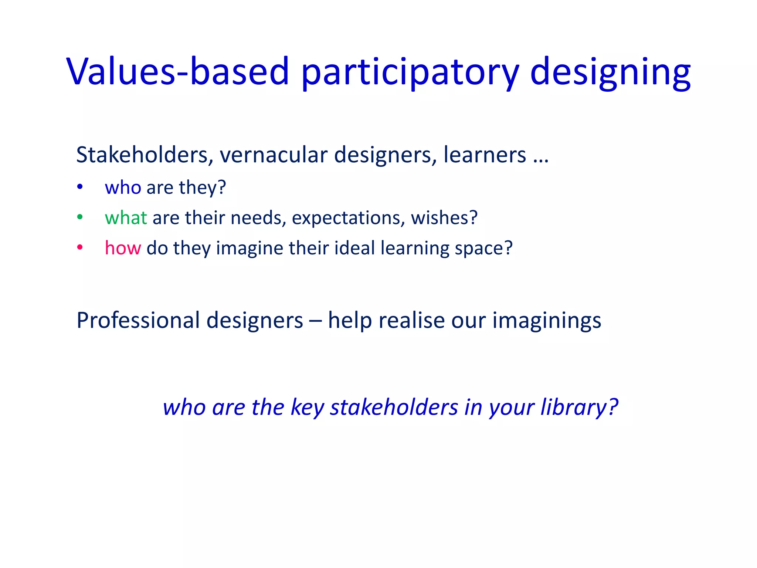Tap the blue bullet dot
[x=80, y=187]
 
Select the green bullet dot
[x=80, y=217]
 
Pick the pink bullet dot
[x=80, y=248]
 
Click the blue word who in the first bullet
[x=123, y=187]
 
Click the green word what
[x=126, y=217]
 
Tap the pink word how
[x=123, y=248]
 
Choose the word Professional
[x=138, y=320]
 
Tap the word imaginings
[x=547, y=321]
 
